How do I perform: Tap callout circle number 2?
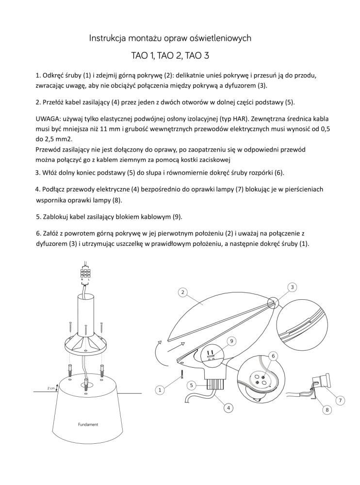(x=182, y=292)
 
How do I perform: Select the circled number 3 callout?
(x=292, y=288)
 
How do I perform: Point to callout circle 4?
(x=227, y=408)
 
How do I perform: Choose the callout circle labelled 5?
(x=192, y=385)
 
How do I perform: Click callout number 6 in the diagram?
(x=275, y=356)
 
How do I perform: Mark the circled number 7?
(x=340, y=400)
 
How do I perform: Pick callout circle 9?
(x=232, y=341)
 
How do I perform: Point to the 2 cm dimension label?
(x=51, y=388)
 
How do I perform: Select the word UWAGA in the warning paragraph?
(x=49, y=119)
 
